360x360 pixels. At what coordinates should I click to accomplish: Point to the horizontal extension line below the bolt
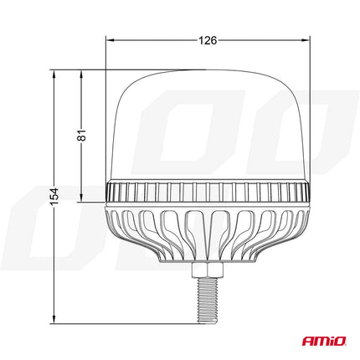(x=126, y=322)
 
